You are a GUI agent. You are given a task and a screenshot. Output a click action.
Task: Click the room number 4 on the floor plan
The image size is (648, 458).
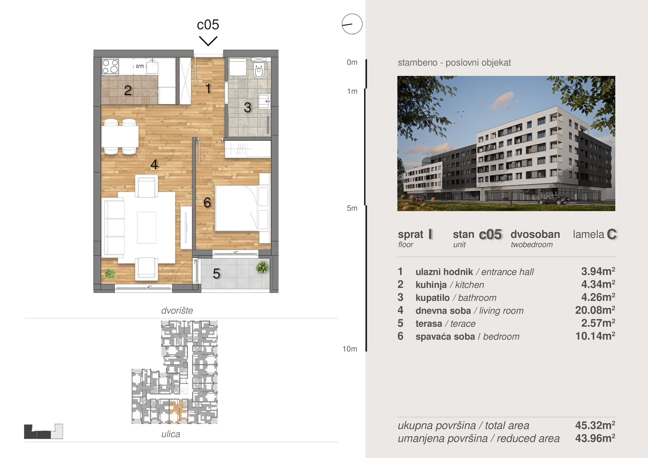pyautogui.click(x=154, y=164)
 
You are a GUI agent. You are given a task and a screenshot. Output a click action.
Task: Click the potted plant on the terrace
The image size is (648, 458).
pyautogui.click(x=262, y=267)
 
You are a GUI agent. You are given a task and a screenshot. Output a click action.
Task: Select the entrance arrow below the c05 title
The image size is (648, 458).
pyautogui.click(x=208, y=41)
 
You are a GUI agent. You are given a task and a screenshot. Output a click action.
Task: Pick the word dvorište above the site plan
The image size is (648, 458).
pyautogui.click(x=177, y=310)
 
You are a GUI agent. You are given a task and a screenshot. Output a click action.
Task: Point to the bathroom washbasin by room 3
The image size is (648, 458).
pyautogui.click(x=265, y=101)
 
